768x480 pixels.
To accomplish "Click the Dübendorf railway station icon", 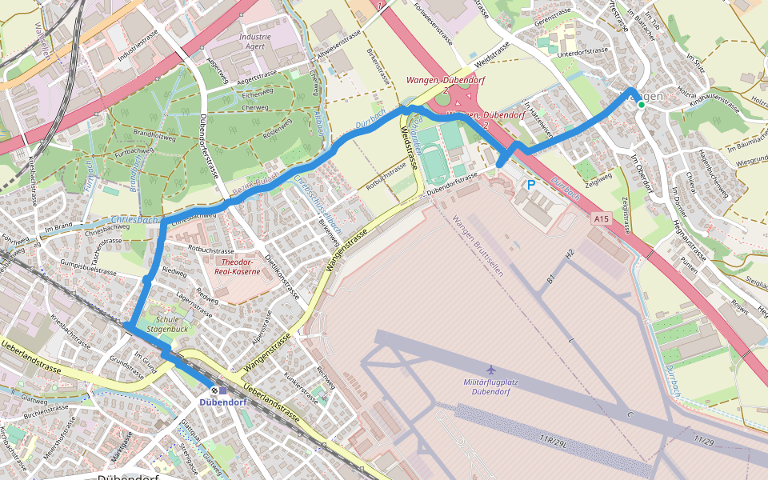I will tap(204, 390).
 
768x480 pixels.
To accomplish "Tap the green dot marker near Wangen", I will tap(642, 104).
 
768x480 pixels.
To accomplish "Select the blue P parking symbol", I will tap(530, 185).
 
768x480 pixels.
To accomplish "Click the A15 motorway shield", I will tap(602, 218).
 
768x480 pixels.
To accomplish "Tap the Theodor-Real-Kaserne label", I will tap(238, 266).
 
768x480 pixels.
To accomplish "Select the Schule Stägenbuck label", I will tap(166, 323).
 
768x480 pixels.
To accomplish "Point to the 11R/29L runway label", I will tap(554, 438).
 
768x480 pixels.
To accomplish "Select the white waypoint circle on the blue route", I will tap(149, 280).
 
